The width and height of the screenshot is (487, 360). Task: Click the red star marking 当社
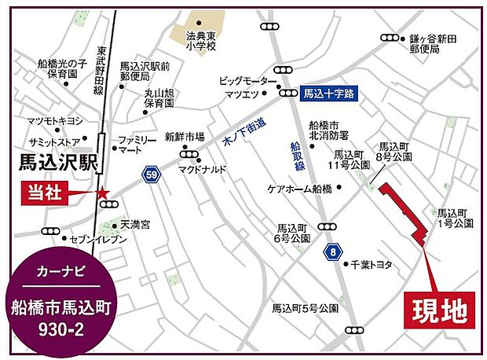click(101, 193)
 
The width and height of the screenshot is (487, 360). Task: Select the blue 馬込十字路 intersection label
click(329, 92)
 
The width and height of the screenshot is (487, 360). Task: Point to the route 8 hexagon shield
click(333, 252)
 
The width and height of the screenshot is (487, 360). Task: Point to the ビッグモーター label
click(247, 80)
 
